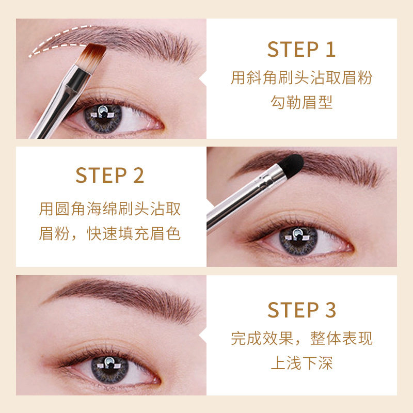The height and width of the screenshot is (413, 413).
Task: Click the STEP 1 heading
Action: pyautogui.click(x=301, y=49)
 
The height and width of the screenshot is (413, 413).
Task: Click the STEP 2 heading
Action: pyautogui.click(x=110, y=175)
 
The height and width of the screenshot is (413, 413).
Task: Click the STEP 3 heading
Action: pyautogui.click(x=302, y=310)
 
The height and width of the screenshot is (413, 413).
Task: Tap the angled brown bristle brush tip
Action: pyautogui.click(x=92, y=55)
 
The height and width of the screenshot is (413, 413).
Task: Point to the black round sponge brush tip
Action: pyautogui.click(x=291, y=166)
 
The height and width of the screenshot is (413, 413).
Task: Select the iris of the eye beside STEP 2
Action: pyautogui.click(x=298, y=241)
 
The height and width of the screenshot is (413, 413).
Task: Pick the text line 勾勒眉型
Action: pyautogui.click(x=301, y=102)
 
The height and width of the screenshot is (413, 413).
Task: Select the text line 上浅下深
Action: pyautogui.click(x=302, y=363)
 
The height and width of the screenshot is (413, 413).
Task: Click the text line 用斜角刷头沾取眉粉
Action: pyautogui.click(x=301, y=78)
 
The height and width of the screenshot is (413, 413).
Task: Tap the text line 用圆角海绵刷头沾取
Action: pyautogui.click(x=110, y=209)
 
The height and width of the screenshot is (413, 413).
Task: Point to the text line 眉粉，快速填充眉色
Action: pyautogui.click(x=110, y=233)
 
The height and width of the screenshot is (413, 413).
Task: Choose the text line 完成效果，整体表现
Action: pyautogui.click(x=302, y=339)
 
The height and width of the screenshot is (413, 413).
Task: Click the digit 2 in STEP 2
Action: pyautogui.click(x=138, y=175)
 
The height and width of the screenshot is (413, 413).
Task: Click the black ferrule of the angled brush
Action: pyautogui.click(x=79, y=78)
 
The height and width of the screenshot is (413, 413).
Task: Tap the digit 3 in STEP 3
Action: pyautogui.click(x=330, y=310)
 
